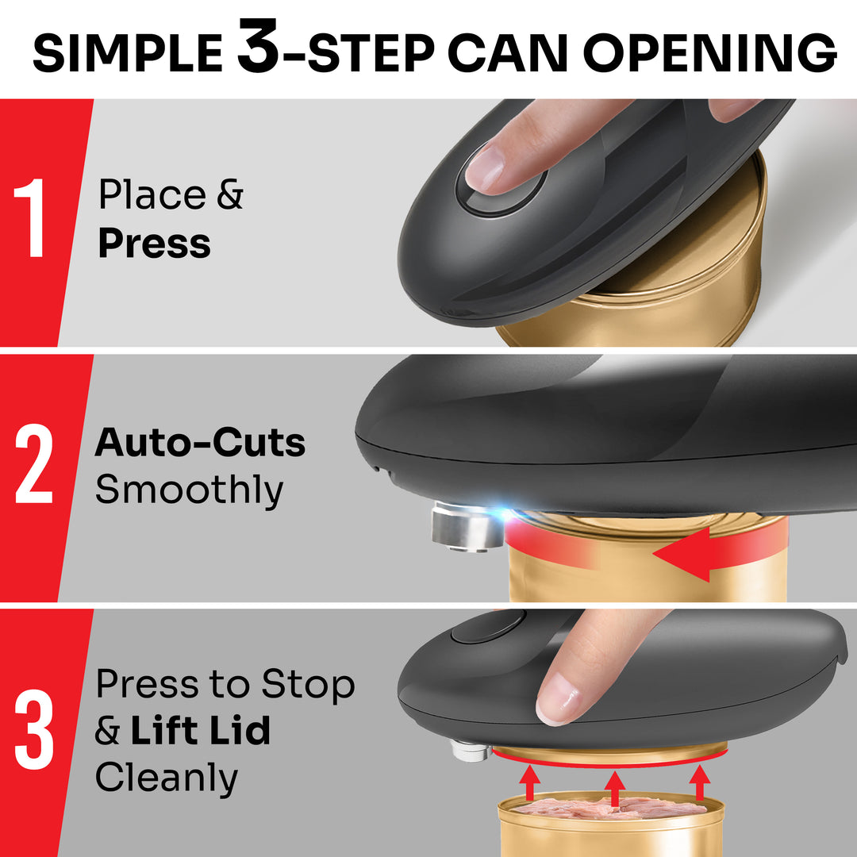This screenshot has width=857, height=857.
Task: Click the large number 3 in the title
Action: pyautogui.click(x=257, y=49)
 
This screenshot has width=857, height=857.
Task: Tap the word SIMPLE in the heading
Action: pyautogui.click(x=127, y=54)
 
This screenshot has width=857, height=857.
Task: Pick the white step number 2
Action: pyautogui.click(x=34, y=467)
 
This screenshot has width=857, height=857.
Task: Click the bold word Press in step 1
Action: pyautogui.click(x=154, y=244)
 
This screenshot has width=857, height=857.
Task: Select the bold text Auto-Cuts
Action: pyautogui.click(x=200, y=444)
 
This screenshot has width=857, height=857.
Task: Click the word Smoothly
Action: pyautogui.click(x=189, y=490)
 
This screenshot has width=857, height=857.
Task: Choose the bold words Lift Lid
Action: pyautogui.click(x=200, y=731)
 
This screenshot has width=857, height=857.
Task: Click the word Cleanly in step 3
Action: pyautogui.click(x=166, y=778)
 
